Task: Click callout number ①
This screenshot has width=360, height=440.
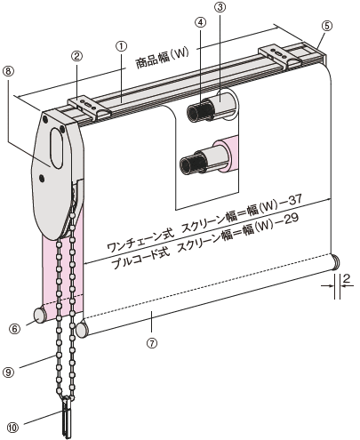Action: click(121, 44)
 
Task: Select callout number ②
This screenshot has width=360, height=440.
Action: click(78, 55)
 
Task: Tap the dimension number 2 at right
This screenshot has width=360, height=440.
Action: click(348, 278)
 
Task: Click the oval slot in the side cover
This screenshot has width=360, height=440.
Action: click(60, 143)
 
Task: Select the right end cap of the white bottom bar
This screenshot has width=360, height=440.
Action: click(336, 262)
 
